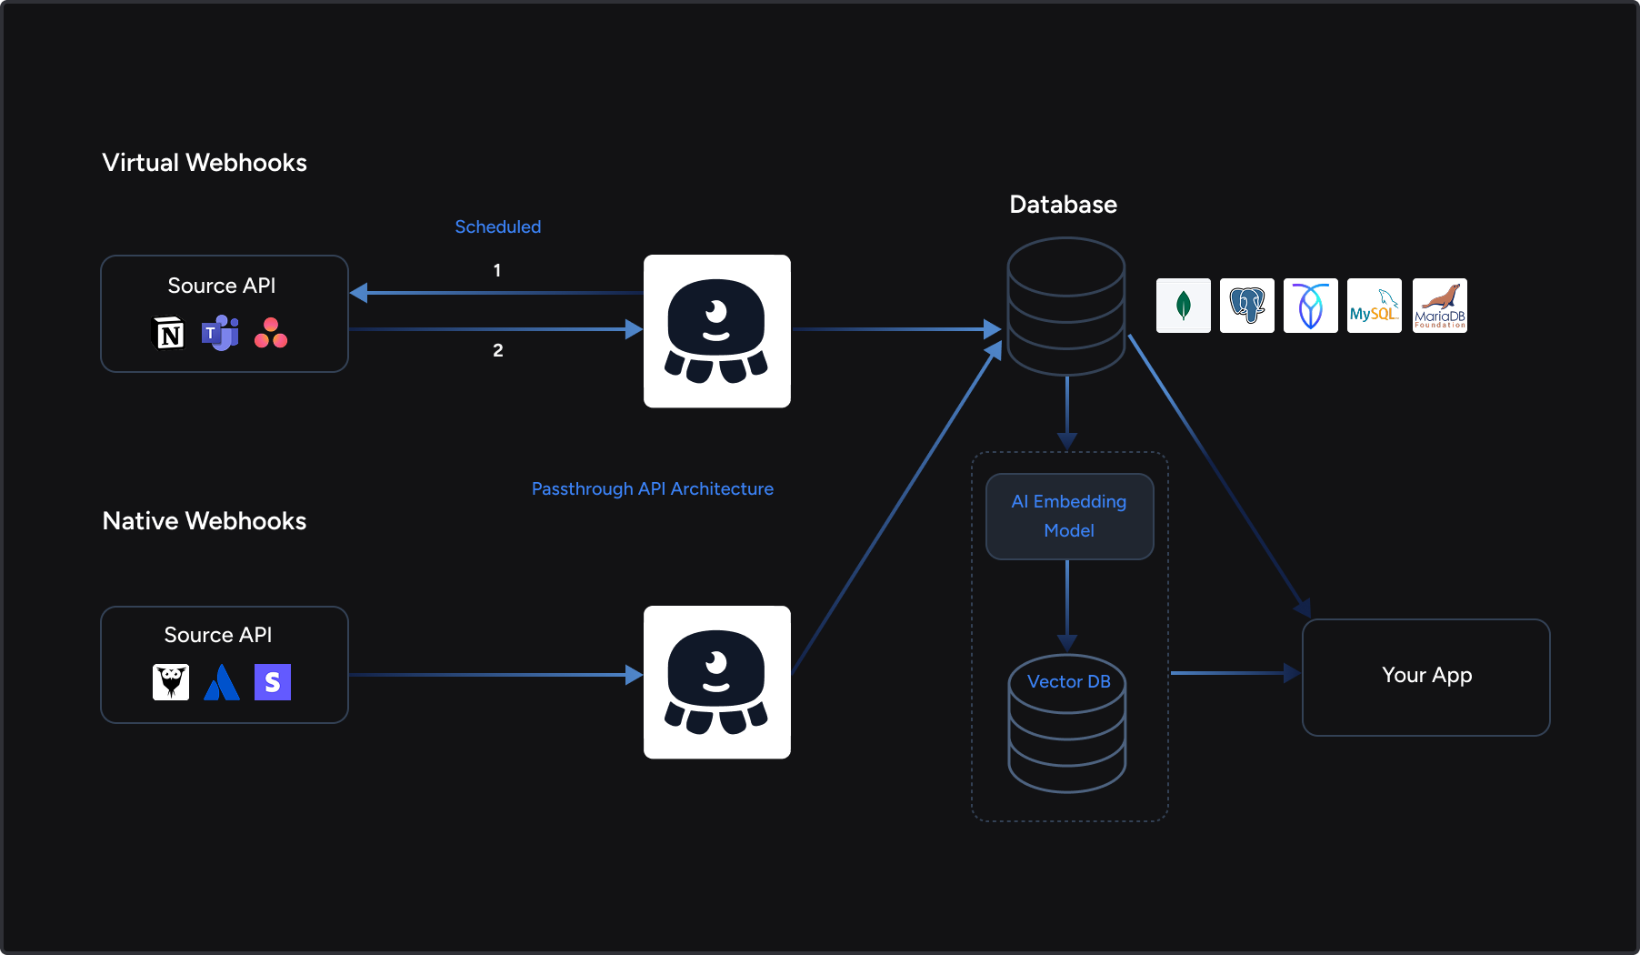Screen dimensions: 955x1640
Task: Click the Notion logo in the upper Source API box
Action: [x=169, y=334]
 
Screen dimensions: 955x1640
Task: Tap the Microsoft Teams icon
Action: [x=220, y=334]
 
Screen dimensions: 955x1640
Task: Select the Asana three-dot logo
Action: [x=271, y=333]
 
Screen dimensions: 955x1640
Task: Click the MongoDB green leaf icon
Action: [x=1183, y=306]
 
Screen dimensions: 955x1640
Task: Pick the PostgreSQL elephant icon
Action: [x=1246, y=306]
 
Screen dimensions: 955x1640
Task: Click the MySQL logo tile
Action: [x=1374, y=306]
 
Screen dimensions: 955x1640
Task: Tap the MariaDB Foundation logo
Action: [x=1439, y=306]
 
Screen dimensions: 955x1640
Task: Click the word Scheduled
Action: [x=497, y=226]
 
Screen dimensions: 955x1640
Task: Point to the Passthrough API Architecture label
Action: [x=652, y=488]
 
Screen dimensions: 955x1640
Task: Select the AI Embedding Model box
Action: [x=1069, y=516]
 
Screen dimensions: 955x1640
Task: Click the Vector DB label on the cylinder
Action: [x=1068, y=681]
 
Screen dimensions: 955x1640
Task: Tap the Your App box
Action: [x=1425, y=676]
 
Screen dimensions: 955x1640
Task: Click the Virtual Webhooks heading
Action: [x=205, y=163]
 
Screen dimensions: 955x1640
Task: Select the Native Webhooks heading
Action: [x=205, y=521]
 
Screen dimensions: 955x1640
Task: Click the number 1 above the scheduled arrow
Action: [x=497, y=270]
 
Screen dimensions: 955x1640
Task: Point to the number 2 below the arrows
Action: [x=497, y=350]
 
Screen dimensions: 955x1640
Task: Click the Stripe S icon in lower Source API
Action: [x=272, y=682]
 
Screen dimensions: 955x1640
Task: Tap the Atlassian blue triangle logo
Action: [x=222, y=682]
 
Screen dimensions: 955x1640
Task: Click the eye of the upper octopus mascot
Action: [x=716, y=312]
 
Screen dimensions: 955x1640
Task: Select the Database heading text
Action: [x=1063, y=205]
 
